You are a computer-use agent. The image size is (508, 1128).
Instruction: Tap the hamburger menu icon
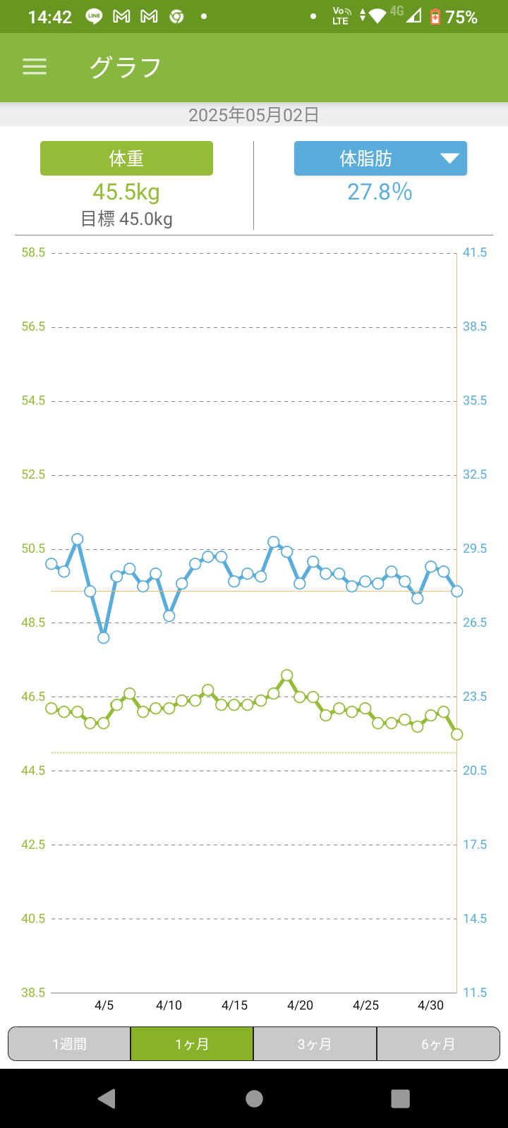pos(35,67)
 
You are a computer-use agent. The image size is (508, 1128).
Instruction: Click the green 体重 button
pos(126,159)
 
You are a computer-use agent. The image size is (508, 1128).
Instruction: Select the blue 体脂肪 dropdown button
pos(380,159)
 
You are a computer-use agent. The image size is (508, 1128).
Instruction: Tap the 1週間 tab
pos(69,1044)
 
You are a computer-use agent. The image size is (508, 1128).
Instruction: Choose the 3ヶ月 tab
pos(315,1044)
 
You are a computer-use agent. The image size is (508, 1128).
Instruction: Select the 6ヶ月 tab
pos(438,1044)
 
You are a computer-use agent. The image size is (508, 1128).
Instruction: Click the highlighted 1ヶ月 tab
pos(192,1044)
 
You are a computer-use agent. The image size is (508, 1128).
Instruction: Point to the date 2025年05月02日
pos(254,115)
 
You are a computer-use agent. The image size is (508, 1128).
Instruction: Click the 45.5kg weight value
pos(126,192)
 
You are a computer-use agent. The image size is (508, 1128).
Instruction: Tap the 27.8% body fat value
pos(380,192)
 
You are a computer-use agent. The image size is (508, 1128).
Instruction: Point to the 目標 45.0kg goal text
pos(127,219)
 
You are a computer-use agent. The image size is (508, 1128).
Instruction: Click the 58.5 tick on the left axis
pos(33,252)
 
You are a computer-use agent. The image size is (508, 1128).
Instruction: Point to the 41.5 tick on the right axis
pos(475,252)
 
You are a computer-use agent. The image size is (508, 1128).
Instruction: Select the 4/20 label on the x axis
pos(301,1005)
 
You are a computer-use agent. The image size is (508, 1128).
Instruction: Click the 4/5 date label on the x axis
pos(104,1005)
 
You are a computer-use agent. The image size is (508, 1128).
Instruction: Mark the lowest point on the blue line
pos(104,638)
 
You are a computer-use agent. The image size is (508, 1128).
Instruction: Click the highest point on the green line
pos(287,675)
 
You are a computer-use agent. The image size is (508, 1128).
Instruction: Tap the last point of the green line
pos(456,735)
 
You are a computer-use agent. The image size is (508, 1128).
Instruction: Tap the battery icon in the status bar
pos(435,16)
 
